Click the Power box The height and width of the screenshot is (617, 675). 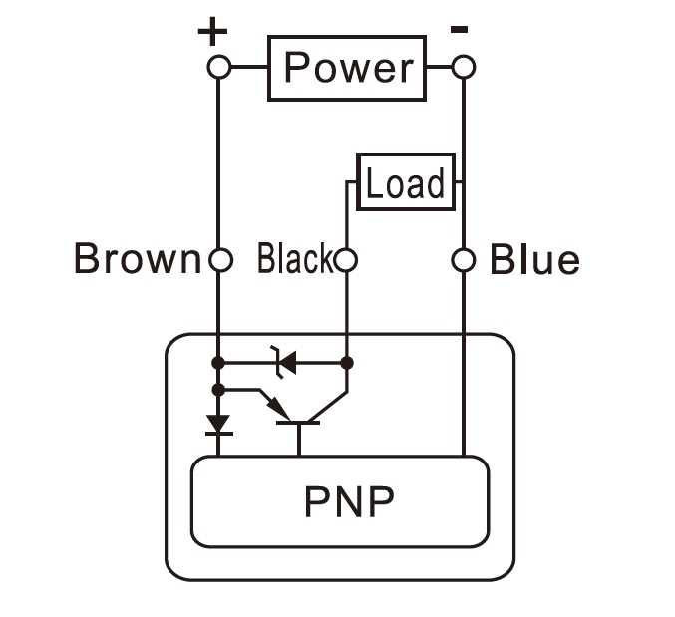pyautogui.click(x=347, y=68)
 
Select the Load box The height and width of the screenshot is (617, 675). pyautogui.click(x=406, y=182)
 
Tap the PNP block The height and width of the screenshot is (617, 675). pyautogui.click(x=339, y=501)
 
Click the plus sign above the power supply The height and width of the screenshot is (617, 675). pyautogui.click(x=212, y=32)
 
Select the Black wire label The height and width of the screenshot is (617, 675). pyautogui.click(x=293, y=260)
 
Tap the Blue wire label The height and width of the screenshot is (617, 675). pyautogui.click(x=534, y=261)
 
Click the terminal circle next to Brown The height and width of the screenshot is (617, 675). pyautogui.click(x=219, y=261)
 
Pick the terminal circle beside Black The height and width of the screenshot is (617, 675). pyautogui.click(x=345, y=261)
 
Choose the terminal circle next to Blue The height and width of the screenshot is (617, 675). pyautogui.click(x=463, y=261)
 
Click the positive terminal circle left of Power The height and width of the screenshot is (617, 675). pyautogui.click(x=219, y=68)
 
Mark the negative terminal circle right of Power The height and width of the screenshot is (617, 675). pyautogui.click(x=463, y=68)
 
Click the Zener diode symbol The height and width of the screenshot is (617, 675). pyautogui.click(x=284, y=362)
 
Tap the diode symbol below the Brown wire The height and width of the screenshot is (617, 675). pyautogui.click(x=218, y=426)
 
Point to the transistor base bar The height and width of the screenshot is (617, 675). pyautogui.click(x=298, y=423)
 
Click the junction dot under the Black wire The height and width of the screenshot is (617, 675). pyautogui.click(x=346, y=362)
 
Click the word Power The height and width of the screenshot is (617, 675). pyautogui.click(x=347, y=68)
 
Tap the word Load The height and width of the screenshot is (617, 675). pyautogui.click(x=406, y=183)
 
